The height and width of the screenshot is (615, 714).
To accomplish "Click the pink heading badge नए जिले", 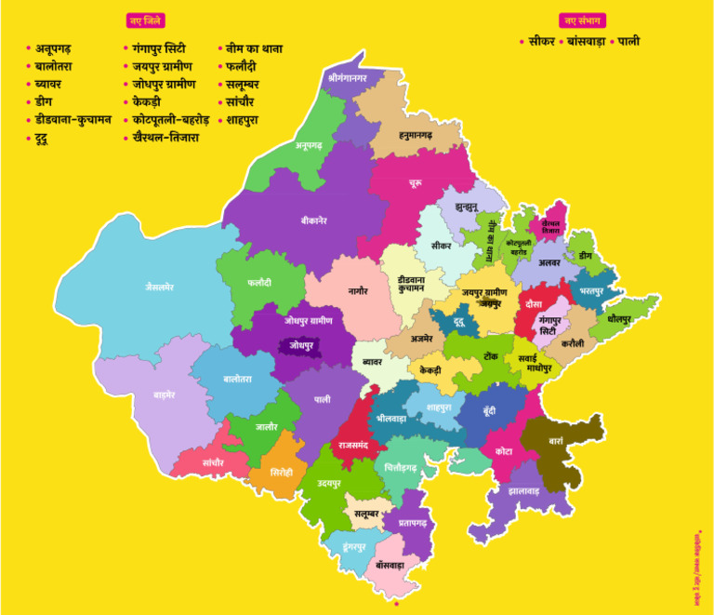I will click(x=145, y=20).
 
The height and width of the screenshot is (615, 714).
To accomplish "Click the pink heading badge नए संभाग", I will click(x=582, y=20).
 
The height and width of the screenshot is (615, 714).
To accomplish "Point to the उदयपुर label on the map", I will click(x=329, y=484).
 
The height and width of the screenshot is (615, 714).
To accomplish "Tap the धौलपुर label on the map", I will click(x=618, y=318).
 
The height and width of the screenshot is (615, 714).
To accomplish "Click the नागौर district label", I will click(x=358, y=290).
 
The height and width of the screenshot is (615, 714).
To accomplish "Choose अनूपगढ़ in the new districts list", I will click(x=65, y=48).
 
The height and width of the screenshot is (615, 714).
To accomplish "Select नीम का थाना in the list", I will click(x=254, y=48).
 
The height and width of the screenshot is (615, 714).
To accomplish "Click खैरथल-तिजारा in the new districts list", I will click(x=165, y=138).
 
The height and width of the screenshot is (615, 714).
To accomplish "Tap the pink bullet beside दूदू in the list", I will click(x=29, y=139).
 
